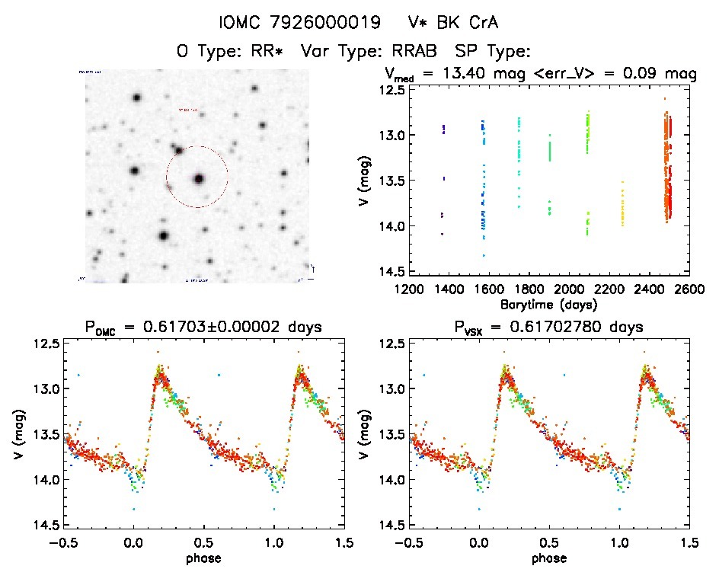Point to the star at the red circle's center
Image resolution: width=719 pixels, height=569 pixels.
click(199, 178)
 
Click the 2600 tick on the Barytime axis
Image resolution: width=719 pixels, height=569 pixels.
click(689, 289)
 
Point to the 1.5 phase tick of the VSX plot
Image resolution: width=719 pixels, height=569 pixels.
click(689, 542)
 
